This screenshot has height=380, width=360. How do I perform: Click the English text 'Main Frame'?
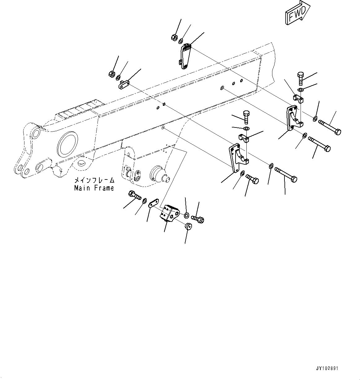click(x=94, y=188)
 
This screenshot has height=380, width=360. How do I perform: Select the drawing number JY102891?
click(x=327, y=369)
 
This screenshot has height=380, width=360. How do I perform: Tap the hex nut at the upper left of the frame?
click(x=112, y=74)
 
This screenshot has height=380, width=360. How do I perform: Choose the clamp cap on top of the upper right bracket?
click(x=298, y=99)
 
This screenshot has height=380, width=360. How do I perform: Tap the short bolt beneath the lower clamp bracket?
click(x=252, y=179)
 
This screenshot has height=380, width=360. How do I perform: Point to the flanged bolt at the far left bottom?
click(x=134, y=196)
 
